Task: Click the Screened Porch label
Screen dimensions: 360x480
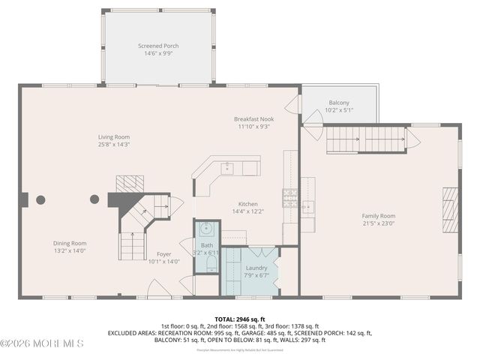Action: pyautogui.click(x=158, y=46)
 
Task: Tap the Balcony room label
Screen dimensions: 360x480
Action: pyautogui.click(x=338, y=103)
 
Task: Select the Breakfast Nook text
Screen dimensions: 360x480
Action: pyautogui.click(x=253, y=118)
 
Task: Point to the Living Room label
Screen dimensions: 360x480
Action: pyautogui.click(x=114, y=136)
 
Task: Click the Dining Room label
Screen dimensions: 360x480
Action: pyautogui.click(x=70, y=243)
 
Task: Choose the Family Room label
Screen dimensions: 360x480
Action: pyautogui.click(x=378, y=216)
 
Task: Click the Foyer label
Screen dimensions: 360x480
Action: pyautogui.click(x=163, y=253)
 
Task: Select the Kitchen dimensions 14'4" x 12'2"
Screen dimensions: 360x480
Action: pyautogui.click(x=247, y=212)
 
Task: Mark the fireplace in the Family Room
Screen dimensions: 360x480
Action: pyautogui.click(x=448, y=211)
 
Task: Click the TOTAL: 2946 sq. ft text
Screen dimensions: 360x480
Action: pyautogui.click(x=240, y=319)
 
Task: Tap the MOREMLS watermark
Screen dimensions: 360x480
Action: pyautogui.click(x=42, y=343)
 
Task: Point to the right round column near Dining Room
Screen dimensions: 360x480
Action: pyautogui.click(x=94, y=199)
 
